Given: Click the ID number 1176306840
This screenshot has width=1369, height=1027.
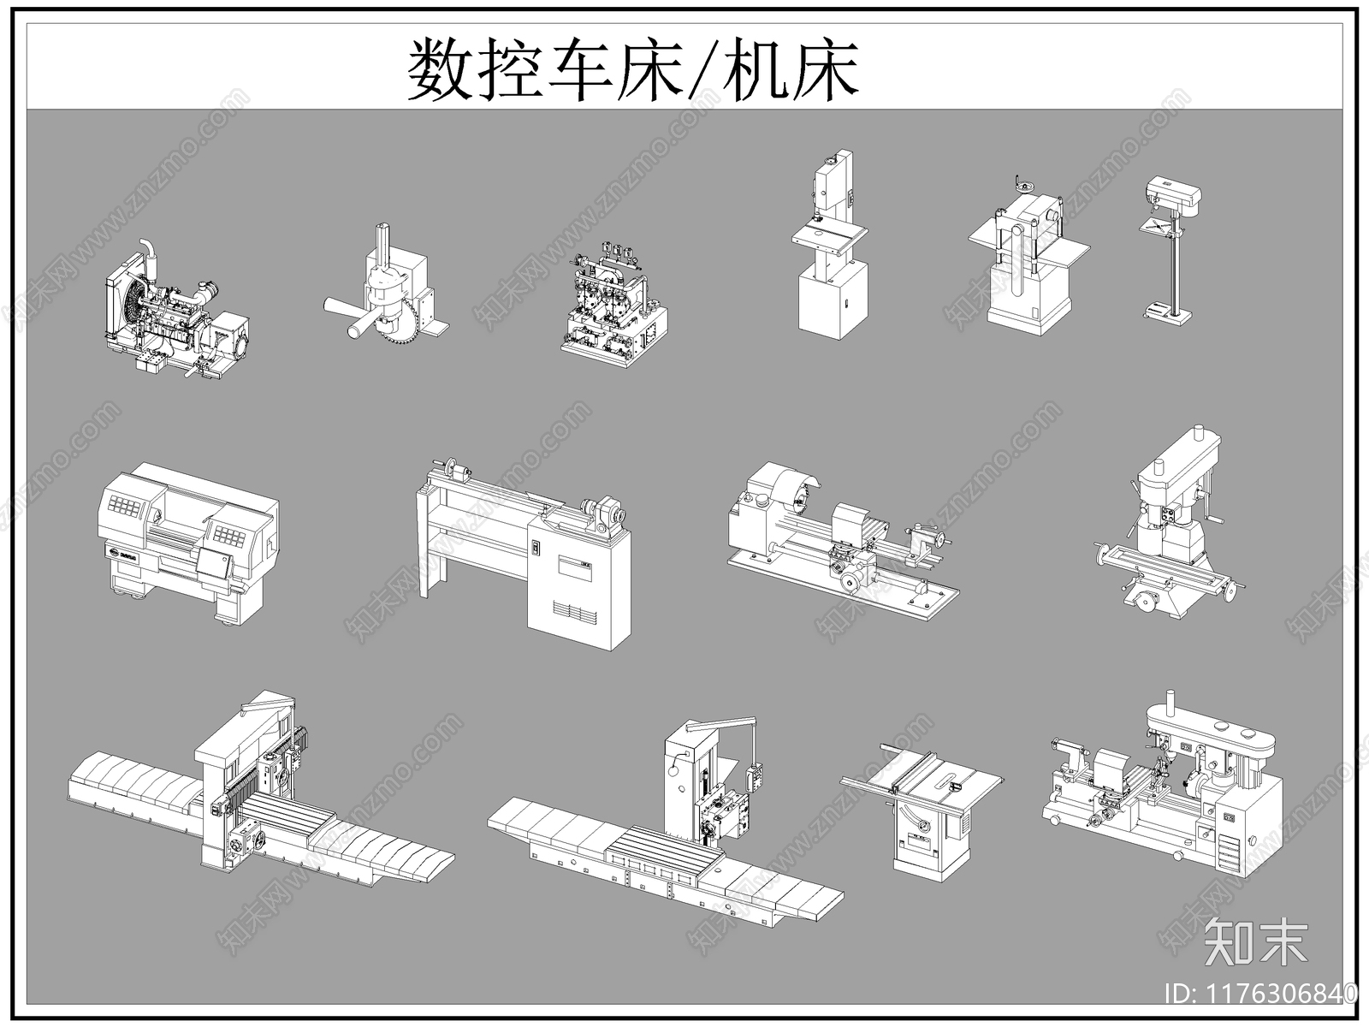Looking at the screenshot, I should tap(1261, 993).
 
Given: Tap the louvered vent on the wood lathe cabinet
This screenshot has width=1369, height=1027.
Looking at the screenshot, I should tap(573, 612).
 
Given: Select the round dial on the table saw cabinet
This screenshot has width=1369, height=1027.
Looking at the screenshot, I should tap(921, 827).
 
